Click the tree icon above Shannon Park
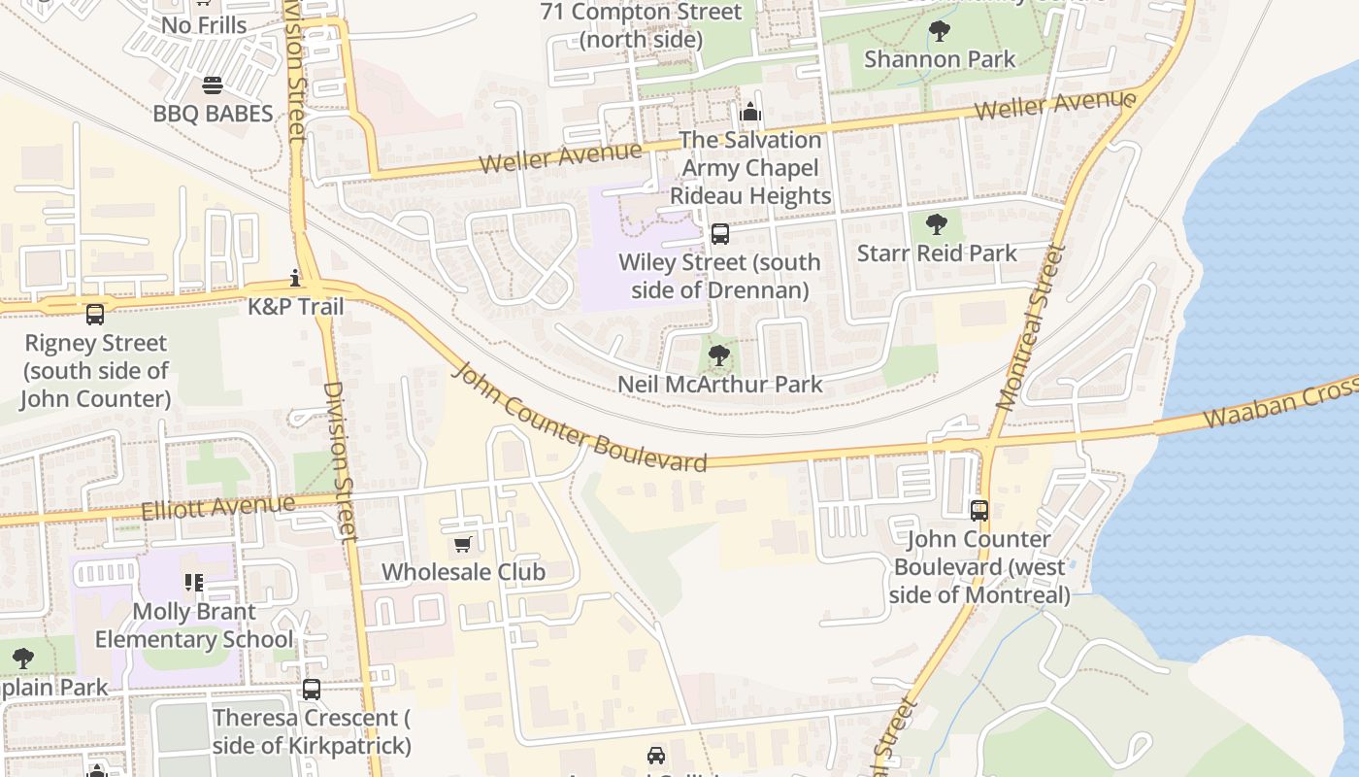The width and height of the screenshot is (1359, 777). pos(939,31)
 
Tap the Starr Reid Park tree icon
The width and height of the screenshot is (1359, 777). pos(937,225)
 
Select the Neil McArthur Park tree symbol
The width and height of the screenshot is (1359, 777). pos(718,355)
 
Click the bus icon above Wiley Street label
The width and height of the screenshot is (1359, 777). pos(719,234)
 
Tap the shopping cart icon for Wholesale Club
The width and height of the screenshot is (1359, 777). pos(463,544)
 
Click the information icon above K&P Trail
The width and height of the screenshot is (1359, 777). pos(295,279)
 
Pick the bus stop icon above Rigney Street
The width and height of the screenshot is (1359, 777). pos(94,315)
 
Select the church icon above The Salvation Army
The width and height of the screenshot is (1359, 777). pos(750,113)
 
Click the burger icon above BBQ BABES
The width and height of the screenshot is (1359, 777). pos(213,86)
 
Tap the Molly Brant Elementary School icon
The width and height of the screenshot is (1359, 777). pos(193,583)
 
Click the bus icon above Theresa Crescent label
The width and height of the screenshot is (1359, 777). pos(311,690)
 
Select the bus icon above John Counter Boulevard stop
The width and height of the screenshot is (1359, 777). pos(979,510)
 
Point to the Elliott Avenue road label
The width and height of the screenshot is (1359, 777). pos(217,507)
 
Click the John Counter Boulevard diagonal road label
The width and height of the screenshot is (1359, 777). pos(580,420)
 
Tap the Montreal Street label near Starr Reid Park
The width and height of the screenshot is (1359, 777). pos(1030,326)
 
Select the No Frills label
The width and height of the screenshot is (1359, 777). pos(205,25)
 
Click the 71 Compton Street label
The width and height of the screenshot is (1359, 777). pos(641,26)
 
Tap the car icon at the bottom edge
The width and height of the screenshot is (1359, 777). pos(656,756)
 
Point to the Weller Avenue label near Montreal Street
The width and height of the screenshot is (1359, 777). pos(1054,104)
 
